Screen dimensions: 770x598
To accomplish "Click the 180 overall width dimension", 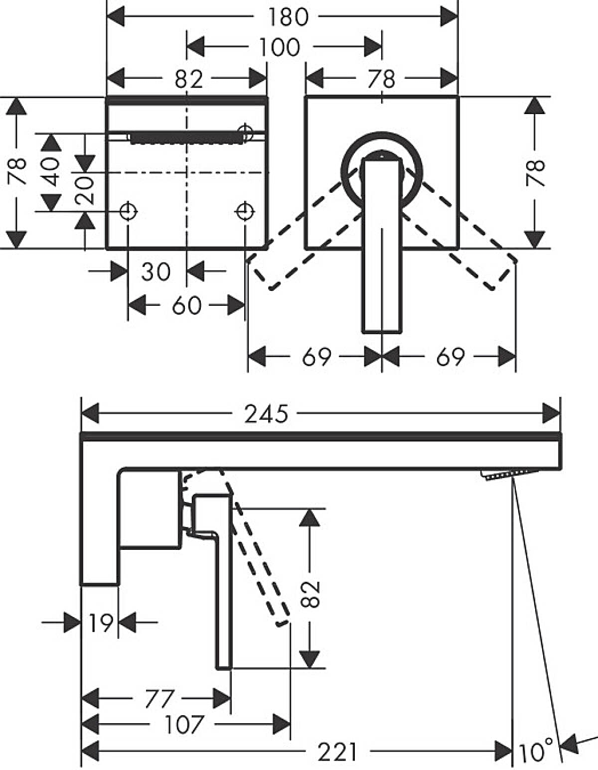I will pos(289,17).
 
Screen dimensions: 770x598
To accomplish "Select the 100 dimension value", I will pos(280,47).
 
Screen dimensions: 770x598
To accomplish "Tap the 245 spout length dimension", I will pos(266,414).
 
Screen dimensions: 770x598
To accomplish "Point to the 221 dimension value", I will pos(338,752).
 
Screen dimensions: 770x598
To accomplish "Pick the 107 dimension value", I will pos(184,725).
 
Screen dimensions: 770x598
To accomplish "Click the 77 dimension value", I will pos(159,699).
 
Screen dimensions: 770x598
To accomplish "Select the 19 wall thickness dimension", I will pos(101,623).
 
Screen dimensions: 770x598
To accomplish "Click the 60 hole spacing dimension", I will pos(186,305).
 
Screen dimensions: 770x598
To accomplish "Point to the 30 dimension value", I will pos(156,272).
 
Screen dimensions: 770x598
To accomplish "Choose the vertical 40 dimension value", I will pos(51,172).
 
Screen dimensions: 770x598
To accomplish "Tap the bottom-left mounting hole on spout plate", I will pos(128,212).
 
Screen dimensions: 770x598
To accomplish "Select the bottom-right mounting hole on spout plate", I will pos(245,212).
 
